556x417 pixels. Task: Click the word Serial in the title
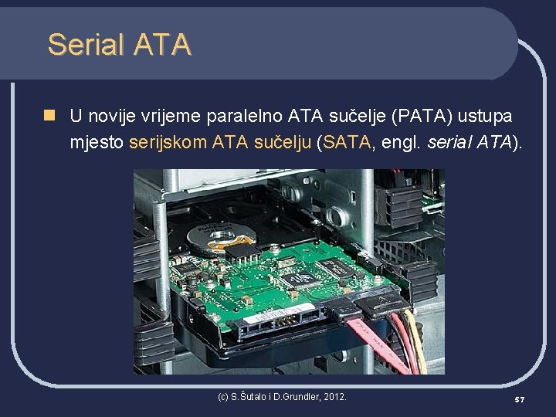click(x=85, y=45)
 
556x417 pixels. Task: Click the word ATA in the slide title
click(x=161, y=45)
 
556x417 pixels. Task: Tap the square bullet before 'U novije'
click(x=50, y=116)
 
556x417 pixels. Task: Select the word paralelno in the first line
click(x=243, y=116)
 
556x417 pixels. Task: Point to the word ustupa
click(x=485, y=116)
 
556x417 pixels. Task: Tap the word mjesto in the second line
click(x=97, y=142)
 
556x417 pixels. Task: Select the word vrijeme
click(x=169, y=116)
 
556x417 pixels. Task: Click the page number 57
click(x=520, y=398)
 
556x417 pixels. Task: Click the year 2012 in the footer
click(x=334, y=397)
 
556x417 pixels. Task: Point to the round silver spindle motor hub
click(x=223, y=235)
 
